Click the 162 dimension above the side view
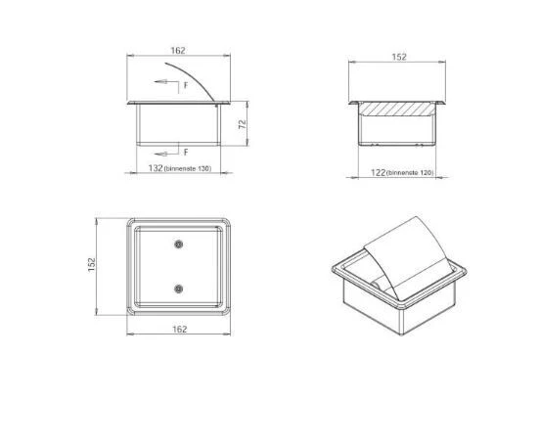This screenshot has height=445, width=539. (x=178, y=51)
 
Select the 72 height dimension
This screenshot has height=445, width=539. (x=243, y=124)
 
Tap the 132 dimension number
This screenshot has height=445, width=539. (x=156, y=168)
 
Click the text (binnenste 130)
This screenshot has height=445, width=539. (x=188, y=169)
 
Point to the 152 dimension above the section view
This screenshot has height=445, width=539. (x=399, y=57)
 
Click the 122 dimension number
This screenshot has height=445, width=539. (x=379, y=172)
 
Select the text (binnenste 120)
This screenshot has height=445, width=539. (x=410, y=173)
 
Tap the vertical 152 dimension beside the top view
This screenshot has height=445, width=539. (x=91, y=265)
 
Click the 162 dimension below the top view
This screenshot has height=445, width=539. (x=179, y=330)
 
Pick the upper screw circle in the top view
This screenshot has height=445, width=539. (x=178, y=245)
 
